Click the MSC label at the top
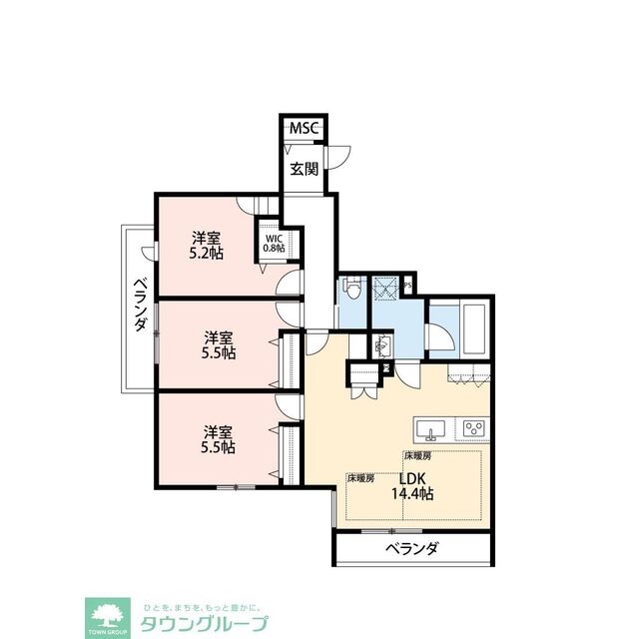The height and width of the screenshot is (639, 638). click(x=304, y=129)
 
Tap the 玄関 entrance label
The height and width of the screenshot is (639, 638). click(x=305, y=169)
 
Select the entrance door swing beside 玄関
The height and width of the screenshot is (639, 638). click(x=341, y=156)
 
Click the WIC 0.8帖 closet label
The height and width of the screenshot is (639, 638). click(x=274, y=243)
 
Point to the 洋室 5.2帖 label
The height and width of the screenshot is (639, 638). click(x=207, y=246)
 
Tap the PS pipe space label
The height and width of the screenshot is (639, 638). click(x=408, y=287)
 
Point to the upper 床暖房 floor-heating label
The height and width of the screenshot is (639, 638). click(x=416, y=455)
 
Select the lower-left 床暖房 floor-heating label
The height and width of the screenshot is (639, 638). click(x=360, y=478)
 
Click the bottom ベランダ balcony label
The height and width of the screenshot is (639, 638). click(x=410, y=549)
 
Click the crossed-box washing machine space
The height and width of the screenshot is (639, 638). click(x=385, y=290)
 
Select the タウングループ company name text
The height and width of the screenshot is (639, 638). click(x=216, y=625)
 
